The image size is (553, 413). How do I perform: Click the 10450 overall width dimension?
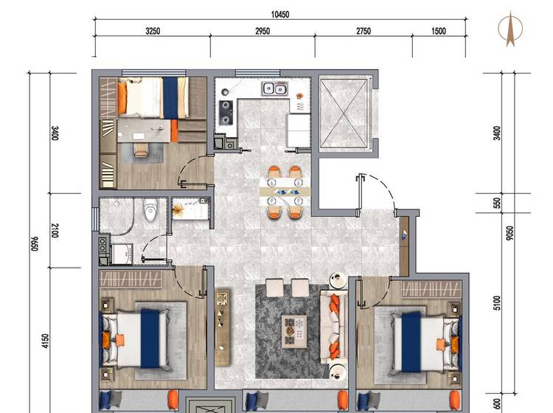[x=280, y=15]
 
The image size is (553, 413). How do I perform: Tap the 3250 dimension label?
[x=153, y=31]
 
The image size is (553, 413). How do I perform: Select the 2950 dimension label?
[x=262, y=31]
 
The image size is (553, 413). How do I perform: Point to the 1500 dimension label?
[x=439, y=31]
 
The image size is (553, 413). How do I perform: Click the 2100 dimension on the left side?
[x=55, y=231]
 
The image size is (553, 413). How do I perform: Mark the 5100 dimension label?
[x=496, y=303]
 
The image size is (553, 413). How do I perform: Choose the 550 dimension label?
[x=496, y=203]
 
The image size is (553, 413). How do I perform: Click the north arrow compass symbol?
[x=510, y=29]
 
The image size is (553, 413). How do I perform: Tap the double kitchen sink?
[x=274, y=88]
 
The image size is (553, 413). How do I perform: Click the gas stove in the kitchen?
[x=226, y=113]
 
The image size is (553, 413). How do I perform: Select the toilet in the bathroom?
[x=150, y=209]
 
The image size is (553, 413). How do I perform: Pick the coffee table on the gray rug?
[x=293, y=332]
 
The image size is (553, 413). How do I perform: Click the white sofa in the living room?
[x=333, y=327]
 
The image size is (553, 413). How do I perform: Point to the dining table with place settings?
[x=285, y=192]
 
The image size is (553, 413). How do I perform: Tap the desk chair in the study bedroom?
[x=142, y=149]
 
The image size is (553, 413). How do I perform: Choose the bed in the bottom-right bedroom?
[x=425, y=341]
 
